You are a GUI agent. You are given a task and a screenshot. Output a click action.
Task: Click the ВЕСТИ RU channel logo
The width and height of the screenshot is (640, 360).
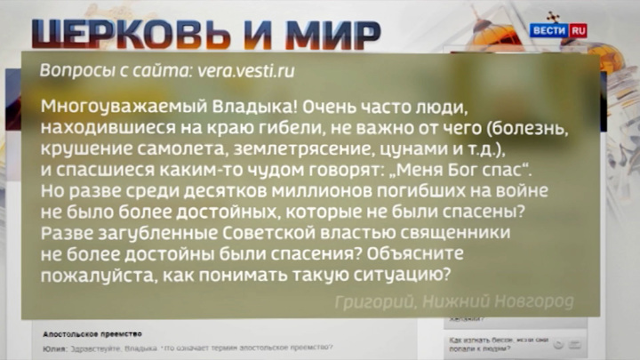pos(558,29)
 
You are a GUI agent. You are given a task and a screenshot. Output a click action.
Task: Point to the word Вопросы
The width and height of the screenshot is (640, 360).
pos(69,69)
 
